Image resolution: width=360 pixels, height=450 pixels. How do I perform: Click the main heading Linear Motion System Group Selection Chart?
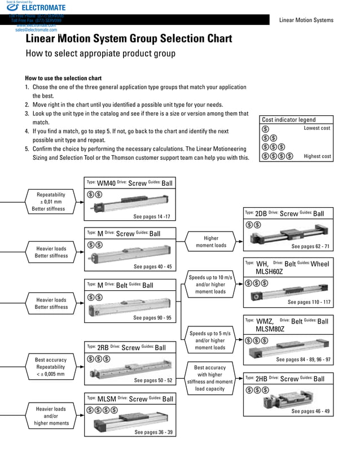129,39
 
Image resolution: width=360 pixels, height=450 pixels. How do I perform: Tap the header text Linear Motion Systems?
306,20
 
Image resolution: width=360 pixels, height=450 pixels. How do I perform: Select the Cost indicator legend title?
288,120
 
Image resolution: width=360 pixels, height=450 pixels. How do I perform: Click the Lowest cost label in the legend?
317,128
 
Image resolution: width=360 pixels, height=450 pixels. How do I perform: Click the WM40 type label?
106,183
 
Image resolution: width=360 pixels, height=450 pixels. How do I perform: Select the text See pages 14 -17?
152,217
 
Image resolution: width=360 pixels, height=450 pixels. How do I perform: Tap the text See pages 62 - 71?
310,247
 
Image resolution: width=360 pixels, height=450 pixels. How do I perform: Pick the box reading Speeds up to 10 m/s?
210,285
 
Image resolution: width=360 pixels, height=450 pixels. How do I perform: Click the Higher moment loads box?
210,242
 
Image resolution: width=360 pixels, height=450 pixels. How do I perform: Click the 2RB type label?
103,347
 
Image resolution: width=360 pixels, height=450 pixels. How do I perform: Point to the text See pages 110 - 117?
309,302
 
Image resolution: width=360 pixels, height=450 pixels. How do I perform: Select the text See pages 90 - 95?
152,318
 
